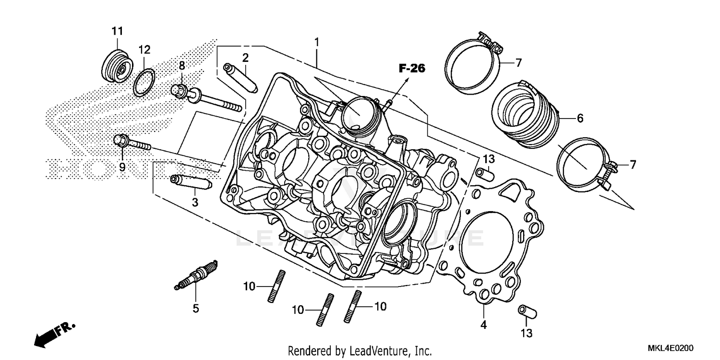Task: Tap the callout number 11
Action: tap(117, 31)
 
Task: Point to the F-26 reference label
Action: tap(412, 69)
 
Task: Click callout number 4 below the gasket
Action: tap(483, 325)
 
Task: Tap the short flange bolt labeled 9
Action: tap(131, 143)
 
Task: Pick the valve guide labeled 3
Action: tap(191, 183)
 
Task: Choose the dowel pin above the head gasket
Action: tap(485, 173)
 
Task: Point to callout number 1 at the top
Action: tap(317, 42)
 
